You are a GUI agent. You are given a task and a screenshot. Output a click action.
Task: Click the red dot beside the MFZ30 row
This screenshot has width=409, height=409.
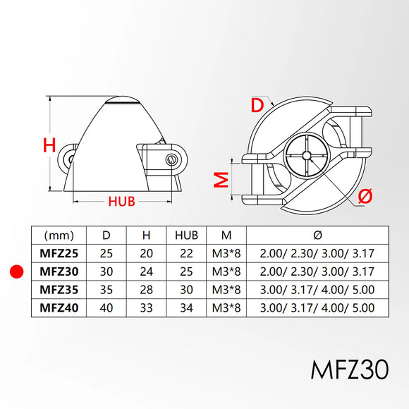[x=16, y=271]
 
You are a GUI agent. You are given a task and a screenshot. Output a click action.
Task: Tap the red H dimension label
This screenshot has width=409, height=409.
[x=49, y=145]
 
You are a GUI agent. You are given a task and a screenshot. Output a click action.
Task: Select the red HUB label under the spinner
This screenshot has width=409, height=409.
[x=121, y=202]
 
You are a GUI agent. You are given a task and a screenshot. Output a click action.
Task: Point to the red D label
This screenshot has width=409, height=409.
[x=257, y=105]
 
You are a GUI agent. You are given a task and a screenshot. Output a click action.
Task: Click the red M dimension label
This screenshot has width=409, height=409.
[x=221, y=180]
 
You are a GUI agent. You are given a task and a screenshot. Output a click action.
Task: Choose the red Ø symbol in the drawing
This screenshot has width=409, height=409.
[x=365, y=195]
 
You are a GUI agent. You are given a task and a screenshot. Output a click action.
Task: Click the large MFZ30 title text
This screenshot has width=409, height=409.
[x=350, y=370]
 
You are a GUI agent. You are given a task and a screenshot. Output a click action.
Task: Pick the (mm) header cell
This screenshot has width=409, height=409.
[x=59, y=236]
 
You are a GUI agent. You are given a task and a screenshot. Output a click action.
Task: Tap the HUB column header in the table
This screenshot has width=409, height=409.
[x=186, y=236]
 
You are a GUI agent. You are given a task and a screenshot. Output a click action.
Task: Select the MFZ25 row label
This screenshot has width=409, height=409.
[x=59, y=254]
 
